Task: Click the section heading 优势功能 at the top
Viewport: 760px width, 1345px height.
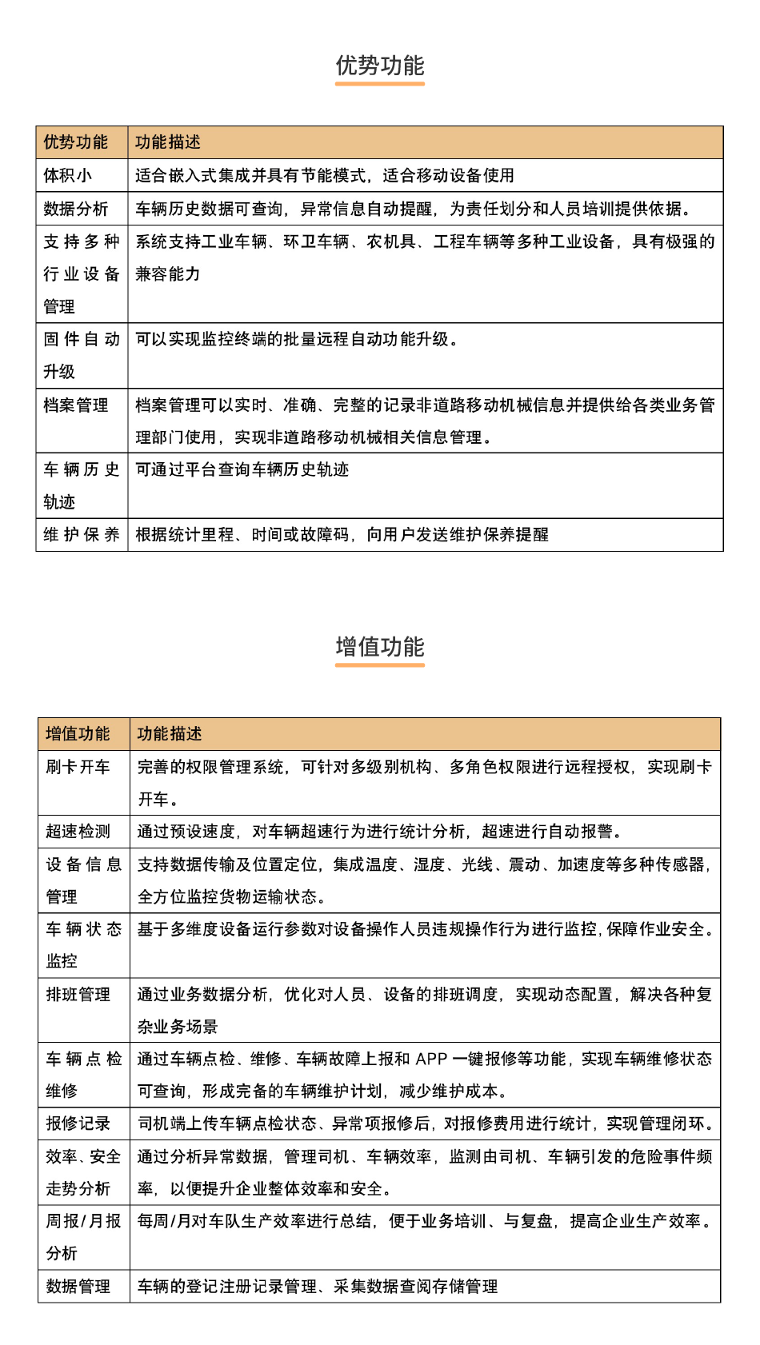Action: pos(380,66)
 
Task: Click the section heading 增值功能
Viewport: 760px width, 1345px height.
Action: pos(380,647)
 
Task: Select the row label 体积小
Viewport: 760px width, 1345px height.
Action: pos(68,175)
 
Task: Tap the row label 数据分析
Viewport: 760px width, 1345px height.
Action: pos(76,209)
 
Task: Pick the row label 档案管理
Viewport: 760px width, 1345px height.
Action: pos(76,405)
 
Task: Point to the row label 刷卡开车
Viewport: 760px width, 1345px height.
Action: pos(78,767)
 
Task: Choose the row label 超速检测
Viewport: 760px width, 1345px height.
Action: pos(78,832)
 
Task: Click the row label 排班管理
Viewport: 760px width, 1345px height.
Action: pos(78,995)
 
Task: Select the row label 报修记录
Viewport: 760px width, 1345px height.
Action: pos(78,1123)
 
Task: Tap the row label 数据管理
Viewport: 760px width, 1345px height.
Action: pos(78,1287)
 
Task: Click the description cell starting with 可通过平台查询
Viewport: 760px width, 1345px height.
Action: pos(242,469)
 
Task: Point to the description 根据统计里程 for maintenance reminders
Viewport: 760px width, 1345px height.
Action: pos(342,534)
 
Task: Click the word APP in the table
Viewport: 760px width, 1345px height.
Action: pos(431,1059)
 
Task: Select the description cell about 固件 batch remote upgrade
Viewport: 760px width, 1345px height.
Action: pos(296,339)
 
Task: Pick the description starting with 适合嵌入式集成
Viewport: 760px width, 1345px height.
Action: pos(324,175)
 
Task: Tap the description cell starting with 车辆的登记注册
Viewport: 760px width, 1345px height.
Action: pos(318,1287)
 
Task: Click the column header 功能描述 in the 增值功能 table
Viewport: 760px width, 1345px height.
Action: pos(170,734)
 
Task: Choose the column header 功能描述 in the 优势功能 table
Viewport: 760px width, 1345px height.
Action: pos(168,142)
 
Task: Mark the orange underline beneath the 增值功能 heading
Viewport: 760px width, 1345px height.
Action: pos(380,665)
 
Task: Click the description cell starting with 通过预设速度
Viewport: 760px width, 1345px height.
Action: pos(379,832)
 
